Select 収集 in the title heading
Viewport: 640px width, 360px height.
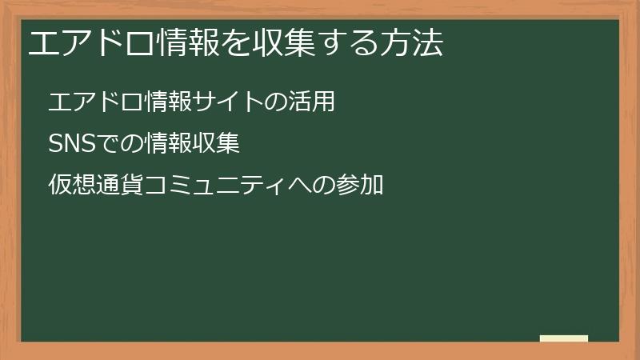click(x=283, y=43)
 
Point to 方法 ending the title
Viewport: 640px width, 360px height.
click(x=411, y=43)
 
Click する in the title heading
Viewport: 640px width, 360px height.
click(x=348, y=43)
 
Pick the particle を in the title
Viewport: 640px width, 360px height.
click(x=235, y=43)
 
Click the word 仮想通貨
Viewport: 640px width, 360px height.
click(x=96, y=186)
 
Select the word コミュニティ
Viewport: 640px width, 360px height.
click(x=216, y=186)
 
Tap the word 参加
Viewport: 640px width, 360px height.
click(x=360, y=186)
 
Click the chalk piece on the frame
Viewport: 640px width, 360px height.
click(x=563, y=338)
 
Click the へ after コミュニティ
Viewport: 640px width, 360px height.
click(x=300, y=186)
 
